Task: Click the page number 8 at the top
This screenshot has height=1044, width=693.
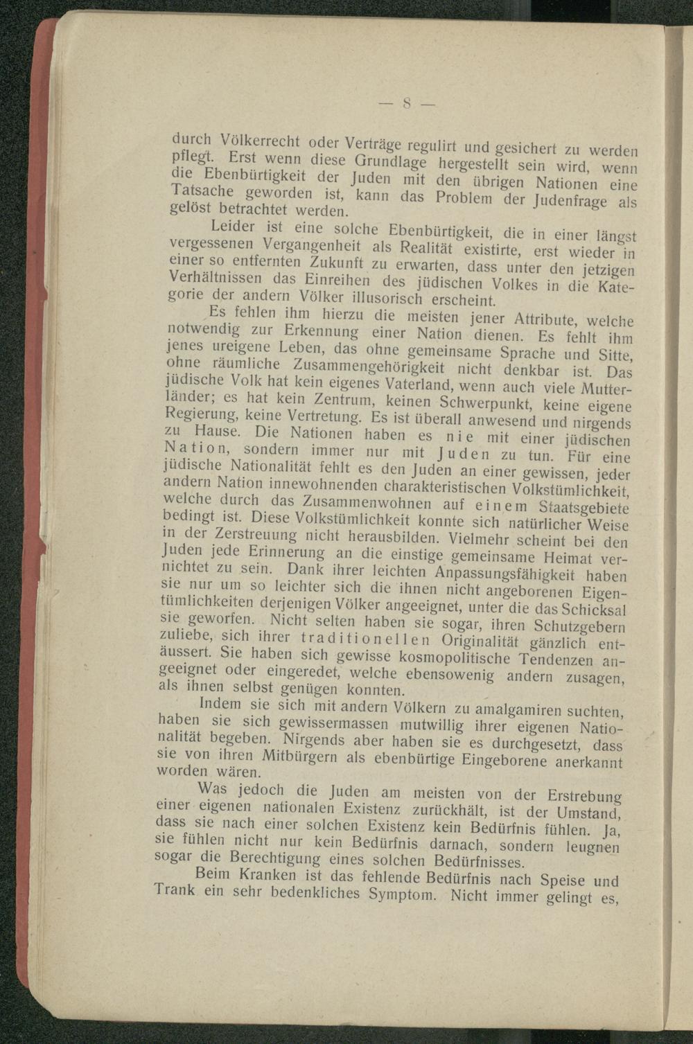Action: tap(407, 105)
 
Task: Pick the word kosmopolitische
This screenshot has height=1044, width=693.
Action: tap(451, 656)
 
